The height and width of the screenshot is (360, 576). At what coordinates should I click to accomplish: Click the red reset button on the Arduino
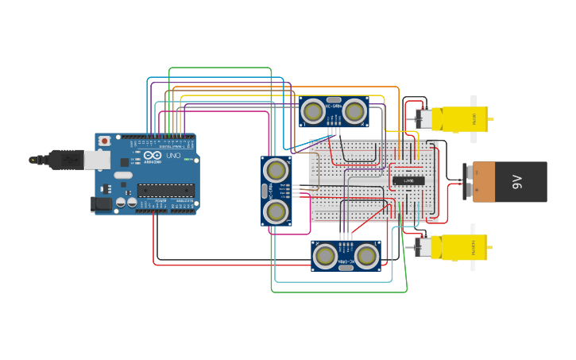click(104, 141)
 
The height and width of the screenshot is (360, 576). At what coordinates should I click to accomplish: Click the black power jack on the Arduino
click(101, 204)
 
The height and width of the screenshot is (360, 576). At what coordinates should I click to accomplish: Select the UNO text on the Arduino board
click(174, 155)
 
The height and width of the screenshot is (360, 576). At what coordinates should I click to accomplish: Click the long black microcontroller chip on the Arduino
click(165, 190)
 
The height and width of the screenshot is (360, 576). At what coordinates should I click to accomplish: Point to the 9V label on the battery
click(517, 182)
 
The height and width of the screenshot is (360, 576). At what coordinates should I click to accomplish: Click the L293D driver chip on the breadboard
click(408, 180)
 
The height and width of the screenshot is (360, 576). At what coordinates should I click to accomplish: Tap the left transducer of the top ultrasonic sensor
click(314, 112)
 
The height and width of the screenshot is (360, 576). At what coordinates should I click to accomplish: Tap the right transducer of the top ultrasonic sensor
click(354, 112)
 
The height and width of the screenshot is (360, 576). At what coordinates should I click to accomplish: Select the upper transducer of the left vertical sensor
click(276, 169)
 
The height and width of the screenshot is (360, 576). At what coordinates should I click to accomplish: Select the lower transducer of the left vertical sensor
click(276, 211)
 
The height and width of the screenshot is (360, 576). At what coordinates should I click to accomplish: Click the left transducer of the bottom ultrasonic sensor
click(325, 256)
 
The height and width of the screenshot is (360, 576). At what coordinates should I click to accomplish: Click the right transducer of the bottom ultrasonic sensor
click(366, 256)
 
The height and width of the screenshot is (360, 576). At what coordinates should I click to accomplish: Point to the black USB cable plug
click(60, 160)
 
